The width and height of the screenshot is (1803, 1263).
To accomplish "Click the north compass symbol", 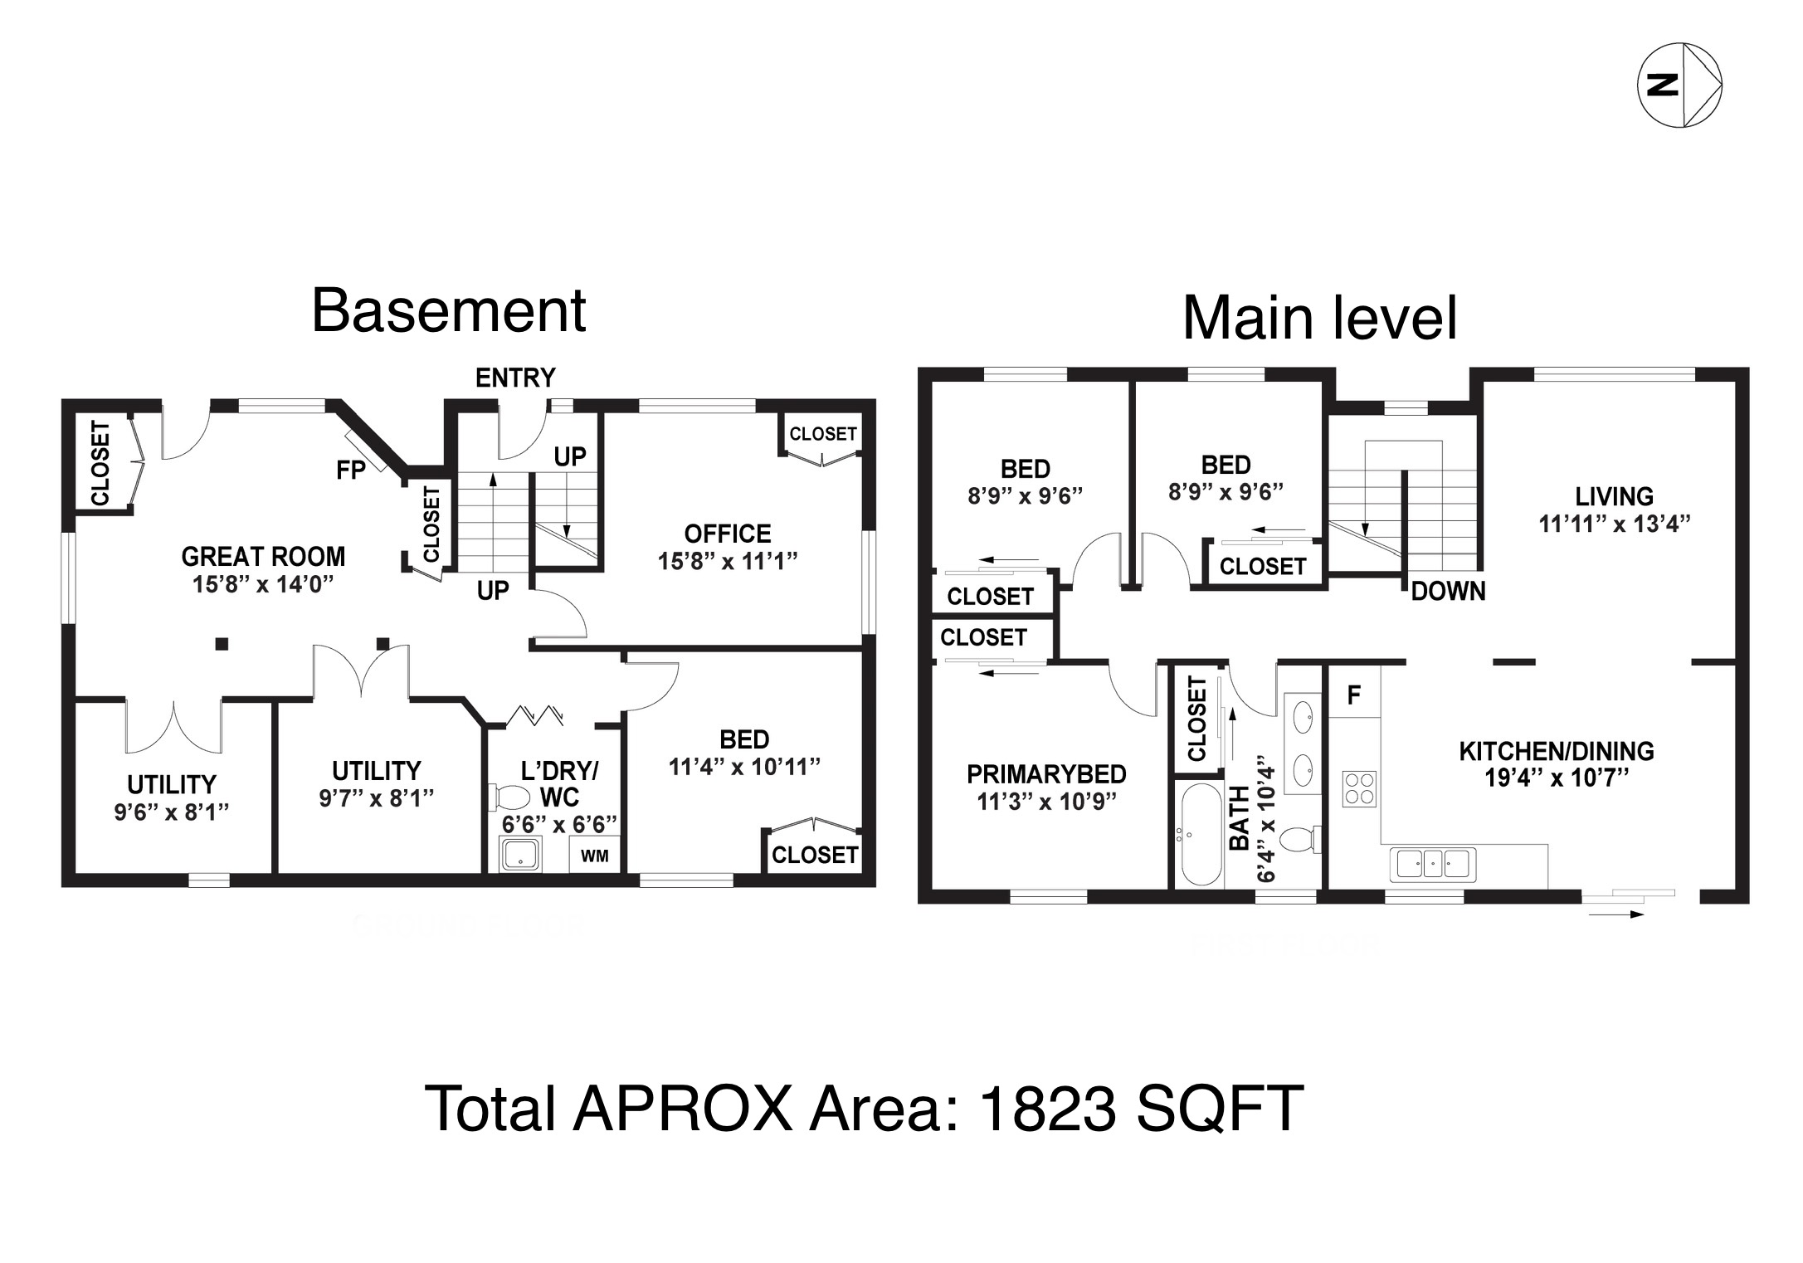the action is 1679,85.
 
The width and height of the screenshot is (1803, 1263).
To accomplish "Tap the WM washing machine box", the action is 594,855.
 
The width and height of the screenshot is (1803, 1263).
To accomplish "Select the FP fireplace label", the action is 351,471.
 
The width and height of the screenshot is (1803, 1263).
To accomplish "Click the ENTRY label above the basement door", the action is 515,378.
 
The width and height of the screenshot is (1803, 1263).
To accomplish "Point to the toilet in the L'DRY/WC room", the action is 510,797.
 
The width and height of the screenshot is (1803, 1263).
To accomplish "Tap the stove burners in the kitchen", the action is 1359,788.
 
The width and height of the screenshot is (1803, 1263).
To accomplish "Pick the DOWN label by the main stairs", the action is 1448,591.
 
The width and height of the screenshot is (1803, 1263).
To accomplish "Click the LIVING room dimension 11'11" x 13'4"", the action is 1615,524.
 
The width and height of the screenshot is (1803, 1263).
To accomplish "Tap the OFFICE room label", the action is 728,533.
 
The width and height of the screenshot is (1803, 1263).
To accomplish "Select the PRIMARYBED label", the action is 1046,774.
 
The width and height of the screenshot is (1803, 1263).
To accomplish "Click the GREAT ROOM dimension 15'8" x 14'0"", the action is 263,584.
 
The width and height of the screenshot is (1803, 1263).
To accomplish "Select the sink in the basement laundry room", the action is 521,855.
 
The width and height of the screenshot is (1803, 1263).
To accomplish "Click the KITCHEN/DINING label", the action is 1557,751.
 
